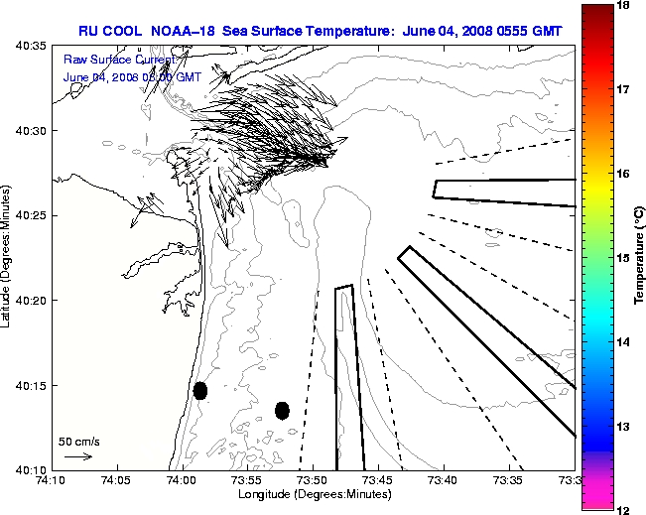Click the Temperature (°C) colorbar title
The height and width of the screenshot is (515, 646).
click(640, 257)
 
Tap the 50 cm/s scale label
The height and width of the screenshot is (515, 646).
click(78, 442)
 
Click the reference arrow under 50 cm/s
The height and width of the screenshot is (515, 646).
click(77, 456)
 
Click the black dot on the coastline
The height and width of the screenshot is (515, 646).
click(200, 390)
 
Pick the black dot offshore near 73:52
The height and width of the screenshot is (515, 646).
click(282, 410)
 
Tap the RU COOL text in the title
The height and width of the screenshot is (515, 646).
click(111, 31)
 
